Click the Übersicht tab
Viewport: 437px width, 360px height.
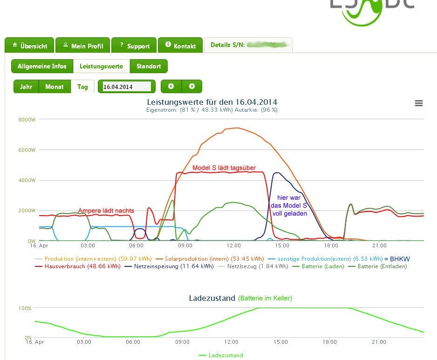click(x=29, y=46)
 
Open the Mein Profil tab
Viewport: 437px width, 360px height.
click(x=82, y=46)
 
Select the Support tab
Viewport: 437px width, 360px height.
click(x=134, y=46)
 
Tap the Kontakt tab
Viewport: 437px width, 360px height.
click(x=180, y=46)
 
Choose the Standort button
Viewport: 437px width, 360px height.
click(x=148, y=66)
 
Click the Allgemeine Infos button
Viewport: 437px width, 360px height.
click(x=42, y=66)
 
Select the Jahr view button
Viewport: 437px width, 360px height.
click(x=26, y=87)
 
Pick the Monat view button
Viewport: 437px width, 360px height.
click(x=55, y=87)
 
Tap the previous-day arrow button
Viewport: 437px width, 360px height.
click(x=171, y=87)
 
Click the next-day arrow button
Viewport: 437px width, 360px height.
click(x=191, y=87)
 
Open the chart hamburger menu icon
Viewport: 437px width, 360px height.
click(x=419, y=103)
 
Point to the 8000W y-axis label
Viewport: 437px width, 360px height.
click(x=27, y=120)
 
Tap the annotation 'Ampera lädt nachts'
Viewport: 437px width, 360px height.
click(x=106, y=211)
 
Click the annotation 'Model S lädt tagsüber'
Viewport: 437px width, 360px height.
click(x=224, y=168)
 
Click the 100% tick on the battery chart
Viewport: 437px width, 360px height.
click(x=25, y=308)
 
